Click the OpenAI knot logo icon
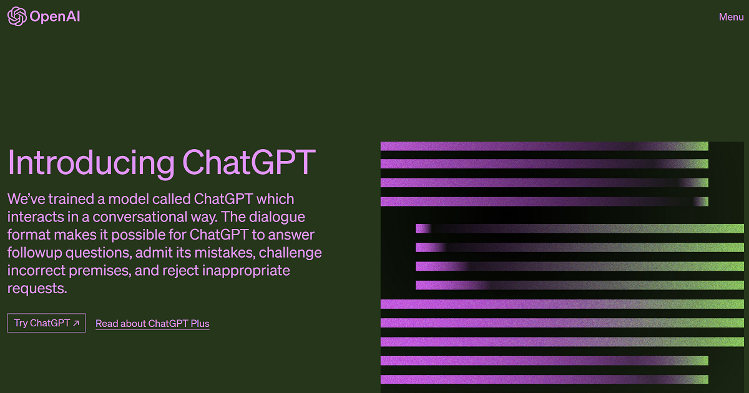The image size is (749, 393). [17, 16]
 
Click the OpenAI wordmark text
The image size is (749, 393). [55, 17]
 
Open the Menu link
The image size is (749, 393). [732, 17]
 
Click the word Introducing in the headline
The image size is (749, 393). [91, 163]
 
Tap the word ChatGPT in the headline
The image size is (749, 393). [249, 162]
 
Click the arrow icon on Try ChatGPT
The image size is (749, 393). [76, 323]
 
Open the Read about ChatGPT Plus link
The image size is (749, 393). [152, 324]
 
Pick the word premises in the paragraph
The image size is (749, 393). [100, 271]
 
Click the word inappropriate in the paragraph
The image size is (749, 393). [246, 271]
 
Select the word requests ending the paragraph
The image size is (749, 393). [37, 289]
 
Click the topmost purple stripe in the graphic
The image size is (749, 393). [544, 146]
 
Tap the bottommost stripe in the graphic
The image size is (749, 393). [544, 380]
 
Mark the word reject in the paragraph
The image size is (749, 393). [180, 271]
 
